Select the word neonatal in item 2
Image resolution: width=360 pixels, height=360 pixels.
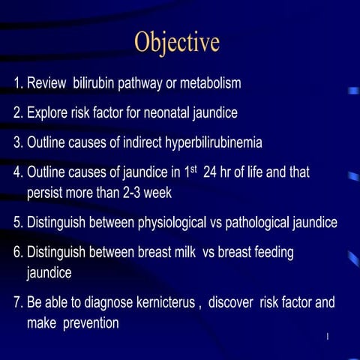coord(172,113)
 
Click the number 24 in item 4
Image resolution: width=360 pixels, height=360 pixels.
coord(211,173)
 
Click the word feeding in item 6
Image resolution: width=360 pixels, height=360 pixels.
coord(271,253)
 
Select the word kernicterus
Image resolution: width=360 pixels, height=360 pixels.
coord(160,304)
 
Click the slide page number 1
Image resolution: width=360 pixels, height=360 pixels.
coord(328,343)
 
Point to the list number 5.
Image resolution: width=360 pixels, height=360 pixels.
coord(18,223)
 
